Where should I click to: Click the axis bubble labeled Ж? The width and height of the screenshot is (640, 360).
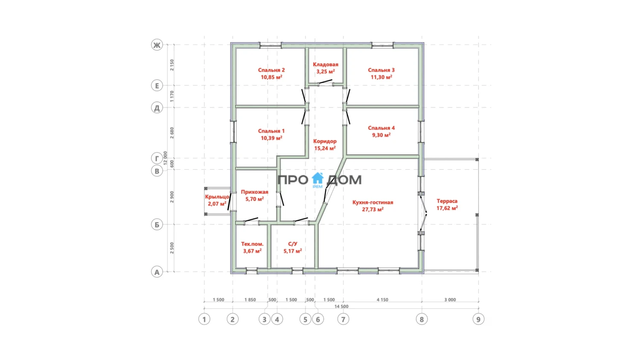tap(157, 45)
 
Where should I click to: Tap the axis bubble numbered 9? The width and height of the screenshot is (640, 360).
tap(479, 319)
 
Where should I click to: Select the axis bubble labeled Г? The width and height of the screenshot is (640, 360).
tap(157, 158)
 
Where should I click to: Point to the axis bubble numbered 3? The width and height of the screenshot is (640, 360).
tap(264, 319)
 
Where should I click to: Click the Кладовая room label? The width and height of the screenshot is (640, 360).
tap(326, 64)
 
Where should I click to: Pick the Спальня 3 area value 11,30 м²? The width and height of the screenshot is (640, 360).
tap(381, 77)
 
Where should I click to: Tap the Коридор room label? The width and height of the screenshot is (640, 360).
tap(325, 141)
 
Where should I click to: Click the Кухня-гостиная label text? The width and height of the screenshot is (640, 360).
tap(373, 202)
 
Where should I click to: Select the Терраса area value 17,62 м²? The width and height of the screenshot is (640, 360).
tap(447, 208)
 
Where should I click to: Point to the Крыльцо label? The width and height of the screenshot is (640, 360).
tap(217, 197)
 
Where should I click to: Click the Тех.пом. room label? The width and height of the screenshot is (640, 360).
tap(252, 244)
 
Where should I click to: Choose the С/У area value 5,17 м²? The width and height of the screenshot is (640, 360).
tap(293, 251)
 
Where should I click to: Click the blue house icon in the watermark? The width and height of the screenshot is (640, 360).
tap(317, 178)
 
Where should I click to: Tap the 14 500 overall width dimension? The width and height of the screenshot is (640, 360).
tap(341, 306)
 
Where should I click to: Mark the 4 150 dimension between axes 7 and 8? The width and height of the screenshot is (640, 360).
tap(382, 300)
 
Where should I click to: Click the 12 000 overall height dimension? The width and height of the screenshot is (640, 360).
tap(165, 158)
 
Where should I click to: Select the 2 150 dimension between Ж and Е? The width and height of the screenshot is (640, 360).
tap(172, 65)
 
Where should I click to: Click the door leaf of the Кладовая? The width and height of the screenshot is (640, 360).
tap(326, 81)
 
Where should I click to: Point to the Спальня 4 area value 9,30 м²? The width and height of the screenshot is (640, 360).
tap(381, 135)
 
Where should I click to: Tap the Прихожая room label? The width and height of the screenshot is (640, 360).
tap(255, 192)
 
